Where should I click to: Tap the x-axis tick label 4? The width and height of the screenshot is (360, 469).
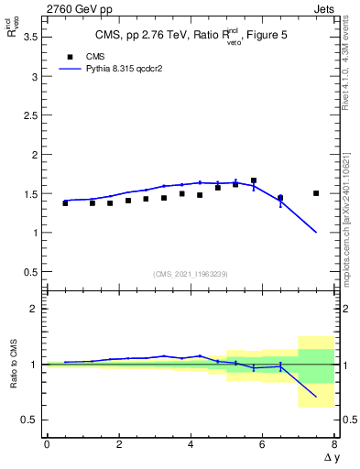click(191, 445)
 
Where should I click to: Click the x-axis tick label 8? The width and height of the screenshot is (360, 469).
click(334, 445)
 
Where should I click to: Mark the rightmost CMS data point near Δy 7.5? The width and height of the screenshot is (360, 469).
click(316, 193)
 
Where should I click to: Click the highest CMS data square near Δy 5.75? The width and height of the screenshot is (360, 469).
click(254, 180)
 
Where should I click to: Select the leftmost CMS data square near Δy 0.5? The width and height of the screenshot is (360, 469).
click(65, 203)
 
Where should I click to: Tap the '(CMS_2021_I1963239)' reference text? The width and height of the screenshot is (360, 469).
click(190, 273)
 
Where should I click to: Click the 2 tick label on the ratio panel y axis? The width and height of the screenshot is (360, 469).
click(35, 309)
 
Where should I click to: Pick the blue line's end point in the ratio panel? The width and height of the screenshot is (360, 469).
click(316, 397)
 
